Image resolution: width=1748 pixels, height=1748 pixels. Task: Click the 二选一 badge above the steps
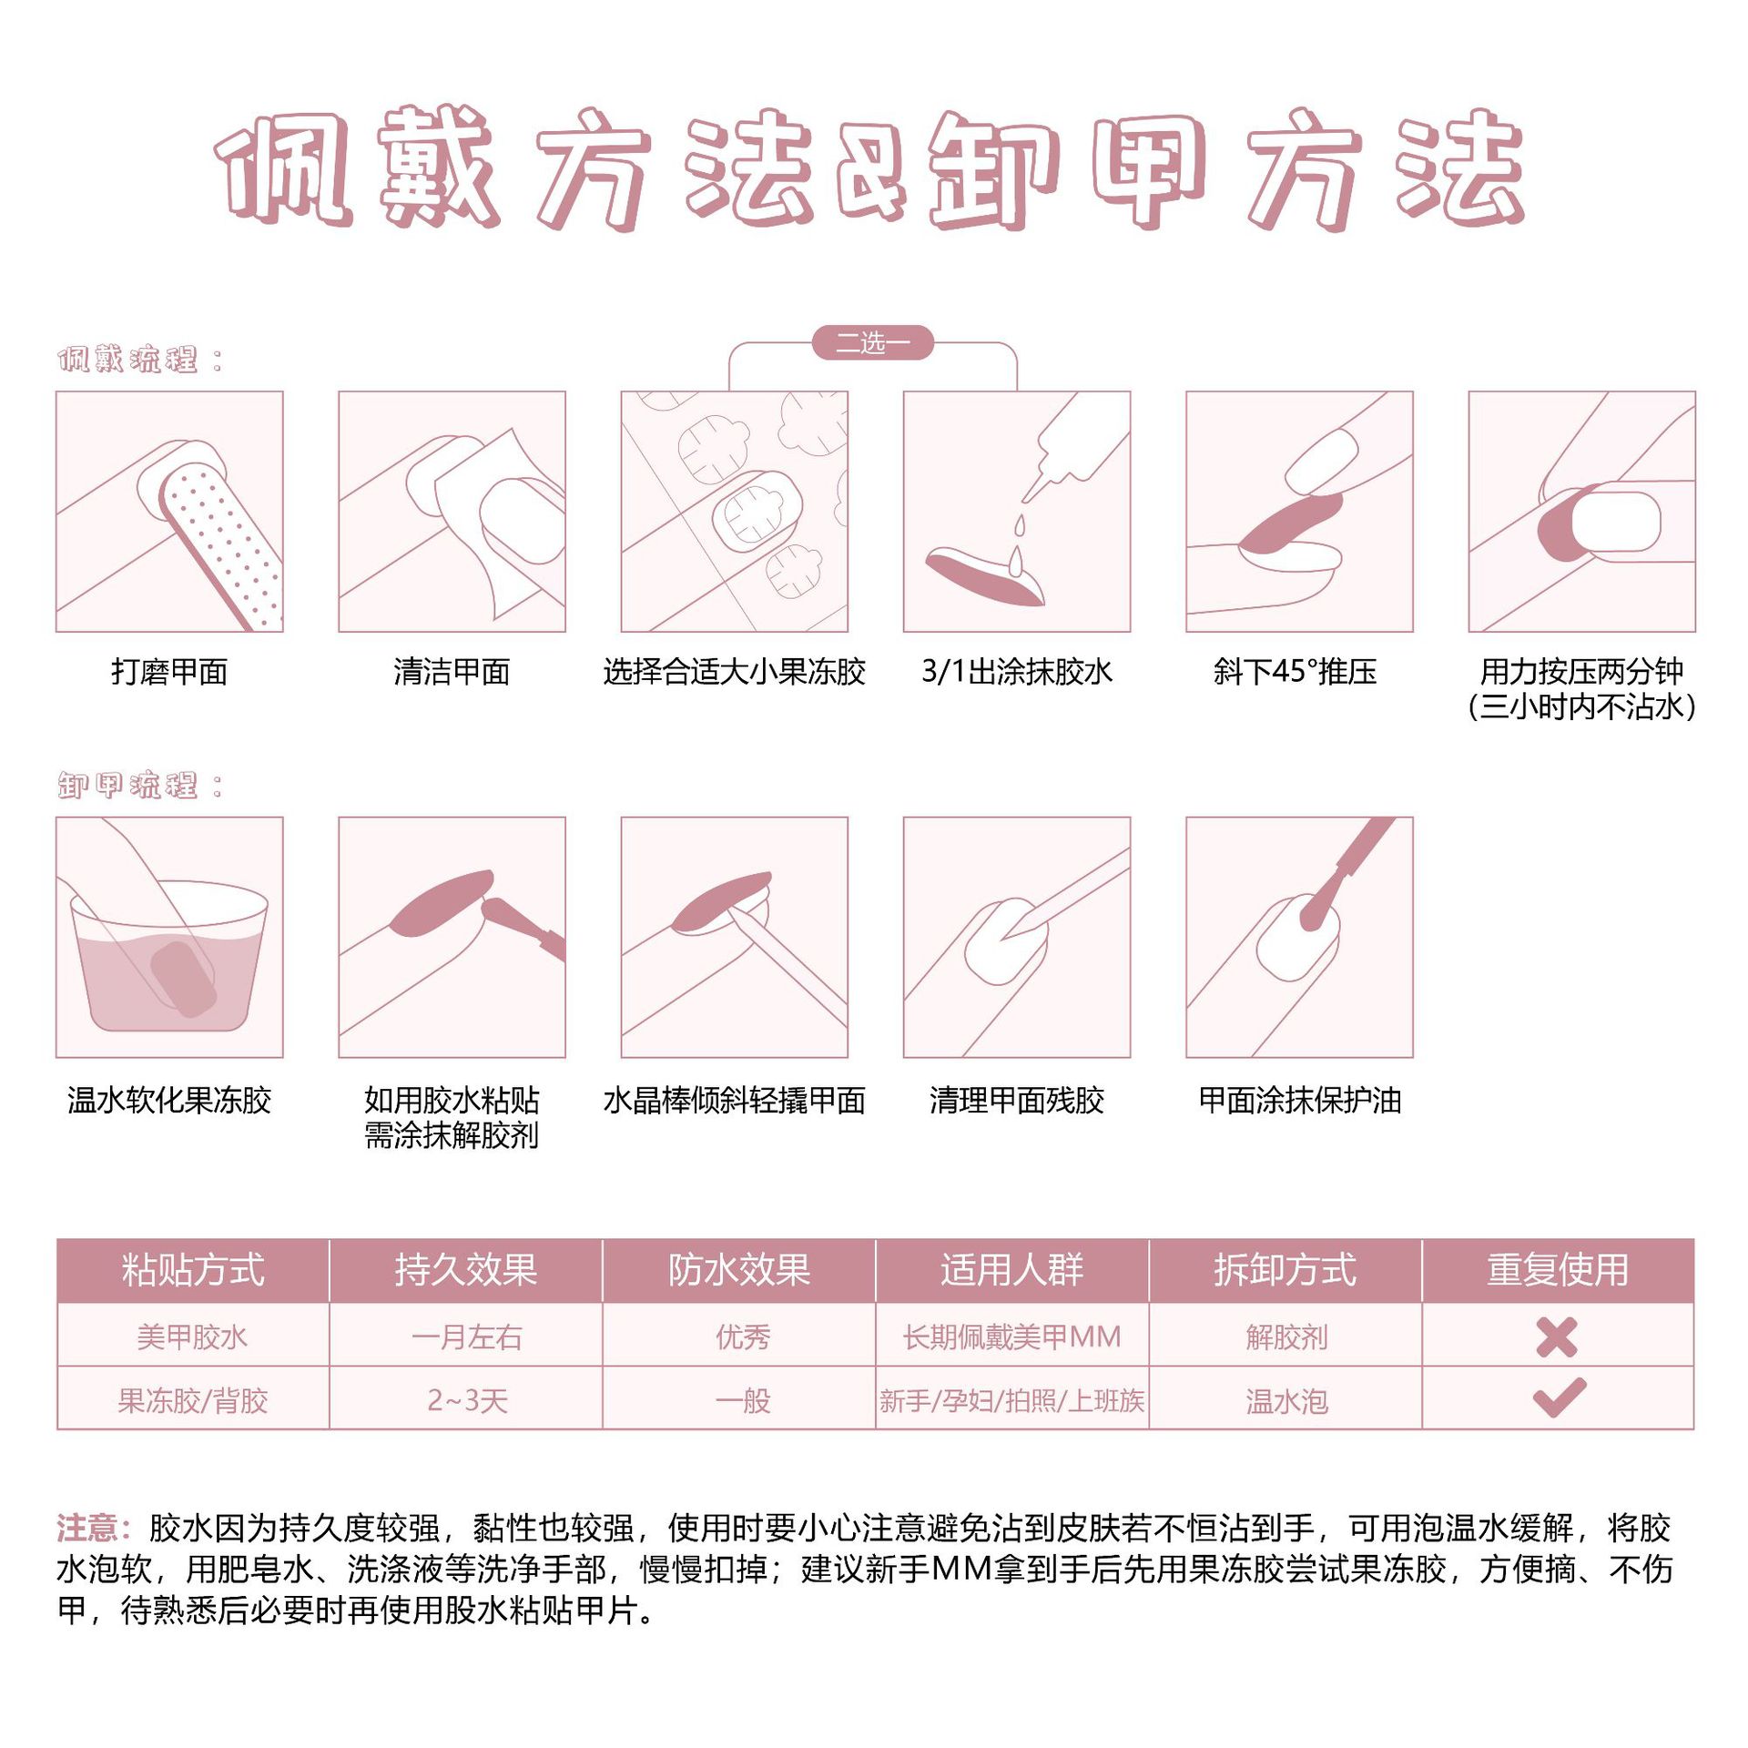click(x=872, y=343)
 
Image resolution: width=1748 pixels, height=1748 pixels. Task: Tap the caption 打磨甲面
click(x=169, y=672)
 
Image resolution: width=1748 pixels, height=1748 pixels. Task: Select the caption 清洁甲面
click(x=452, y=672)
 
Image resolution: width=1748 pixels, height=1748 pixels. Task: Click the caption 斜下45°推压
click(x=1295, y=672)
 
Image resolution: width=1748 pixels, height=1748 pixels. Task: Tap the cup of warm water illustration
click(x=169, y=956)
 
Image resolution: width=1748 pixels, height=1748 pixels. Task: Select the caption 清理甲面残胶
click(x=1016, y=1101)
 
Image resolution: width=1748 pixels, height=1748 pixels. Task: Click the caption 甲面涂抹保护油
click(x=1299, y=1101)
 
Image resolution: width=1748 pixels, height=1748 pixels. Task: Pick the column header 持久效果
click(x=465, y=1270)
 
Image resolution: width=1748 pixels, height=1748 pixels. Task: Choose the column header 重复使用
click(x=1557, y=1270)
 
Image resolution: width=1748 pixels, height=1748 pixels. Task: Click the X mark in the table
click(x=1556, y=1337)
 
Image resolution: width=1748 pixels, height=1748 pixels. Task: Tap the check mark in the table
click(x=1559, y=1398)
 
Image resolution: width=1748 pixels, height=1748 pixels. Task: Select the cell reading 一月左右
click(x=466, y=1337)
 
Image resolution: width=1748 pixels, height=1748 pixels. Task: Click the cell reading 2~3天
click(x=467, y=1400)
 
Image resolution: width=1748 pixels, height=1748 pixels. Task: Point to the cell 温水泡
click(x=1286, y=1400)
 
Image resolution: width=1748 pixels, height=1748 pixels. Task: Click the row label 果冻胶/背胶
click(x=193, y=1400)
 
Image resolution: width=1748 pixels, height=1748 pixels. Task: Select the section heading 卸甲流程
click(x=128, y=785)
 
